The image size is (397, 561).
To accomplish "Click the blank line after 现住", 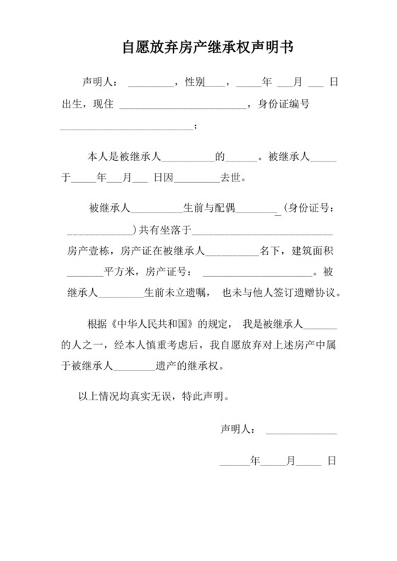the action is coord(183,106).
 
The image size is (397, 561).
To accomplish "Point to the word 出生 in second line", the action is coord(72,105).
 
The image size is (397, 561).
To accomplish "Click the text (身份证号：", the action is coord(306,209).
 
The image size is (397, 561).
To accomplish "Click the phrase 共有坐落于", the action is coord(163,229).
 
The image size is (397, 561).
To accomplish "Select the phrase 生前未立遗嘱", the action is coord(176,292).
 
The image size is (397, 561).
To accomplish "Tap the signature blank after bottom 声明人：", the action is coord(301,429).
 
